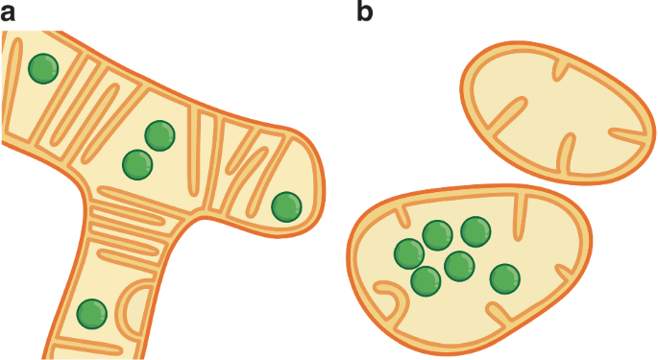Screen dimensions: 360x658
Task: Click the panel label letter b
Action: point(365,12)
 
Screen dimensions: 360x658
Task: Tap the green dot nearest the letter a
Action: point(42,68)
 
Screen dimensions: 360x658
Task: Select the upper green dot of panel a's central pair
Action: point(159,136)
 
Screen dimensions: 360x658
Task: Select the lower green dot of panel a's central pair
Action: point(138,164)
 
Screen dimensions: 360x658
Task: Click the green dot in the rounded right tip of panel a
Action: point(286,205)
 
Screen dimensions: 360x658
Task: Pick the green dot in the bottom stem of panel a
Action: point(91,313)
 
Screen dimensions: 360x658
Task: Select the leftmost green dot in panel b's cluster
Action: point(409,253)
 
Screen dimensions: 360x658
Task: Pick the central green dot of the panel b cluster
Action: point(459,265)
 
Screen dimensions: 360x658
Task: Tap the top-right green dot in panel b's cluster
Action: point(475,230)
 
